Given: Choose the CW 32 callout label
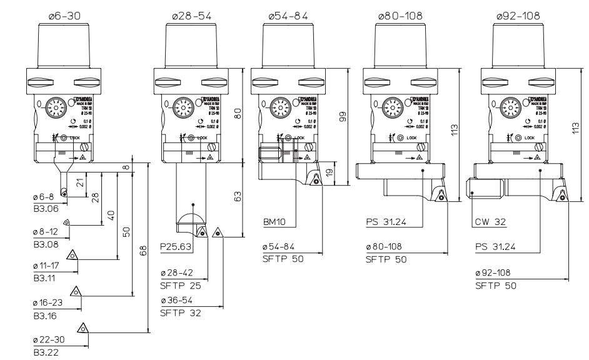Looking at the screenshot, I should (489, 221).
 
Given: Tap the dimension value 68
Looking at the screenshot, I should (144, 249).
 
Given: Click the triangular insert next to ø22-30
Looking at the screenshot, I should (81, 326).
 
